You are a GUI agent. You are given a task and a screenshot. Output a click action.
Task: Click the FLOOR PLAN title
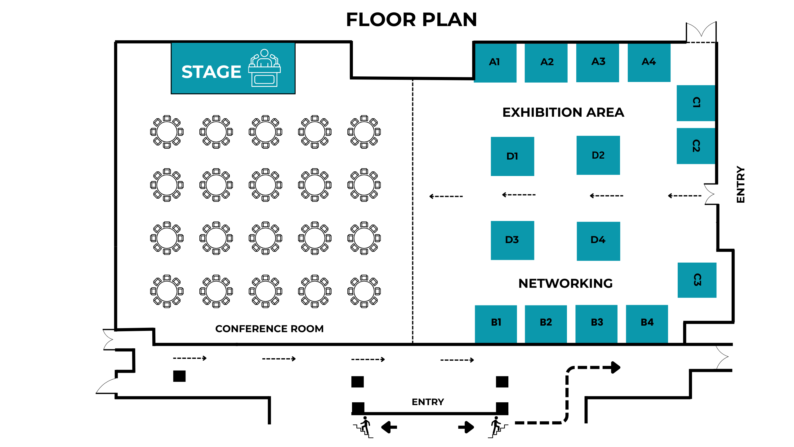point(411,20)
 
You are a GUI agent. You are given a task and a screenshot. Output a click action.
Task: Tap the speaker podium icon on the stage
point(264,68)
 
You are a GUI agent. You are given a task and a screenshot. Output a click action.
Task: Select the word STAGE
point(211,72)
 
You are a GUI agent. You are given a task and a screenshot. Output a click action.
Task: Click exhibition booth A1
point(495,62)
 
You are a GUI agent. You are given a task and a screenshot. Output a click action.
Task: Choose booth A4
point(649,62)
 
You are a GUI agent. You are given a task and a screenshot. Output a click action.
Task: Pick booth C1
point(696,103)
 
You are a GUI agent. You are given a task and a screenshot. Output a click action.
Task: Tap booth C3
point(697,280)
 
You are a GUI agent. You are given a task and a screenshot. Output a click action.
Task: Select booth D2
point(598,155)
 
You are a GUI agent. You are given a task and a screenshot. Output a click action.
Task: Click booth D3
point(512,240)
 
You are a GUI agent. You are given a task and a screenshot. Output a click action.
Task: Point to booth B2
point(546,323)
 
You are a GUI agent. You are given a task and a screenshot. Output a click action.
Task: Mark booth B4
point(647,323)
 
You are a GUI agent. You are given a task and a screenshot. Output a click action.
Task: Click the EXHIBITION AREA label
point(563,112)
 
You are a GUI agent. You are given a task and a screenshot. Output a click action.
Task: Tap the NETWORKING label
point(565,283)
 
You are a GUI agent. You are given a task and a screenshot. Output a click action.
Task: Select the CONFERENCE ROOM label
point(269,329)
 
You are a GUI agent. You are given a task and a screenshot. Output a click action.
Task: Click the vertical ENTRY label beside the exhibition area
point(740,185)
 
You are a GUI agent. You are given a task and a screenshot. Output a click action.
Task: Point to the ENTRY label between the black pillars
point(428,402)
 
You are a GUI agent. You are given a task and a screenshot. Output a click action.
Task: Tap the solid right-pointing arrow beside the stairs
point(466,427)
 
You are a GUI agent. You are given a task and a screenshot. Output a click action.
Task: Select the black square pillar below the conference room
point(179,376)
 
